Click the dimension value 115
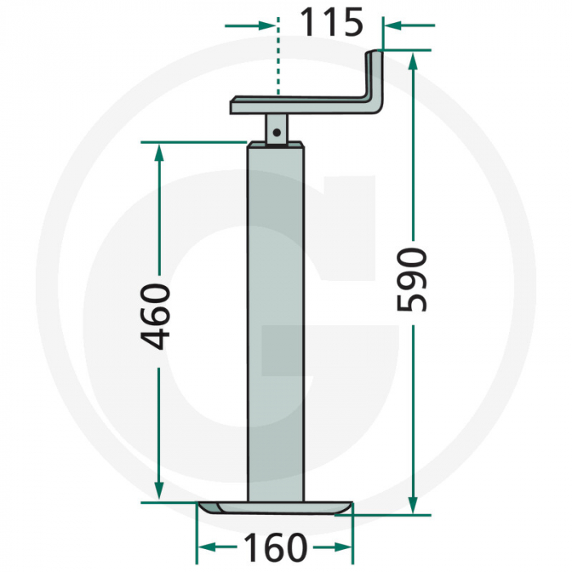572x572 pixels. tap(330, 24)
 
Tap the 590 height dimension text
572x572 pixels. tap(411, 279)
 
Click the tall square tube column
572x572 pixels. tap(278, 327)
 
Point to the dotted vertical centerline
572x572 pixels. tap(279, 57)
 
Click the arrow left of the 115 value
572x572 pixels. tap(266, 25)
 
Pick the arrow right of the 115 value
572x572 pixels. tap(392, 25)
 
